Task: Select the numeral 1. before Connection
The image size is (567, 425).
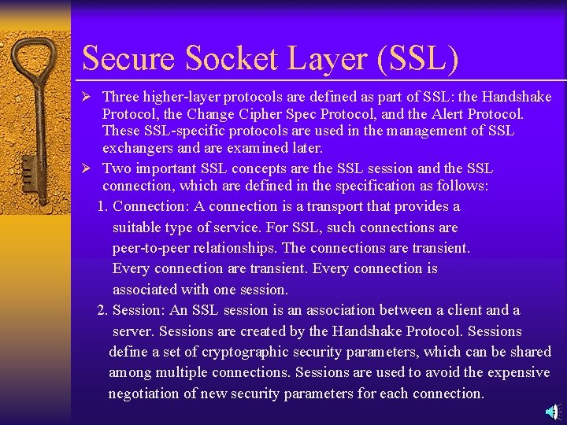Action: click(x=103, y=206)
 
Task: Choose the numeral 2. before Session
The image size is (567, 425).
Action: click(x=103, y=310)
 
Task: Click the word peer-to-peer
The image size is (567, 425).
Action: click(x=154, y=248)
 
